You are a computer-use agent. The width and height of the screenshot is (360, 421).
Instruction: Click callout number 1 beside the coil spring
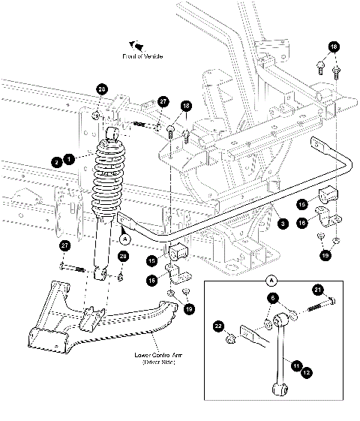point(68,158)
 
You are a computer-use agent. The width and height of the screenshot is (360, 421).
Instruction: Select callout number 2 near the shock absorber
point(56,161)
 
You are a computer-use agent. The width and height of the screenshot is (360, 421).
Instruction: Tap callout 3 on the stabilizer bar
point(281,223)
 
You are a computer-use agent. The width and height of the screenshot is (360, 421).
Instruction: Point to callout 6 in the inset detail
point(271,299)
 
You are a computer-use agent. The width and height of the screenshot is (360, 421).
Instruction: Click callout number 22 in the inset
point(218,326)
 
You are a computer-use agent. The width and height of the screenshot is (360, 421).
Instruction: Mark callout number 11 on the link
point(297,365)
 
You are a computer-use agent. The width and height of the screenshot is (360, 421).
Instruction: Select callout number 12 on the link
point(307,371)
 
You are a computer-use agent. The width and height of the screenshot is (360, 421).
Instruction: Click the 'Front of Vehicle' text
point(142,56)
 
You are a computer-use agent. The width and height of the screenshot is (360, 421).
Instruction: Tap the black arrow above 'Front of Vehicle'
point(136,45)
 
